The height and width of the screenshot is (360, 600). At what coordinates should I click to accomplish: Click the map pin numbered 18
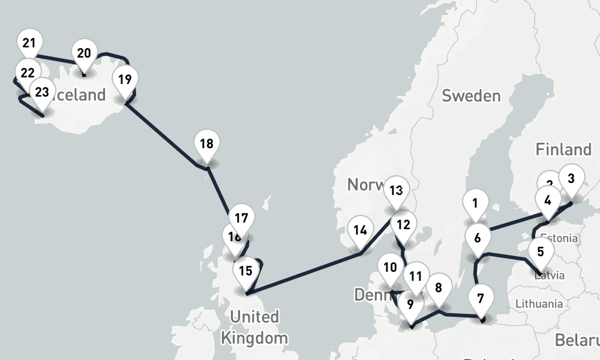(x=206, y=145)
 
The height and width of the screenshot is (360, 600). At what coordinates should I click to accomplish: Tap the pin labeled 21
(x=29, y=43)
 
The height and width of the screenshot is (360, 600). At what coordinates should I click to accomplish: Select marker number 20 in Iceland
(x=84, y=53)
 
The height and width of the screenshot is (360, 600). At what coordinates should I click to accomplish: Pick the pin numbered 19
(x=125, y=79)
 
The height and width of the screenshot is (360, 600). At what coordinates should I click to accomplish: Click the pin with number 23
(x=42, y=92)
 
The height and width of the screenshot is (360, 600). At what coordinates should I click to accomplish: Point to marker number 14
(x=360, y=230)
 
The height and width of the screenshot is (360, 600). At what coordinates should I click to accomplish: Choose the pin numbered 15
(x=245, y=271)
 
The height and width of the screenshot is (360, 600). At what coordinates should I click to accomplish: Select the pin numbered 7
(x=480, y=298)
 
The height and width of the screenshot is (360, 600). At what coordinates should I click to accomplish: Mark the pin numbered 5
(x=541, y=252)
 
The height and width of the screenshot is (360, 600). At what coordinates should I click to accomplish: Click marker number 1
(x=475, y=203)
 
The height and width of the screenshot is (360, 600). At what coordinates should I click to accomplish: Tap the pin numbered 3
(x=571, y=178)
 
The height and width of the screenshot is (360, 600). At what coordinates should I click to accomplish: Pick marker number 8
(x=439, y=288)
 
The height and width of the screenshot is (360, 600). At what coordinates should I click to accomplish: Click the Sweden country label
(x=470, y=96)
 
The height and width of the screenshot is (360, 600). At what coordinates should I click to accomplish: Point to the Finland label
(x=563, y=149)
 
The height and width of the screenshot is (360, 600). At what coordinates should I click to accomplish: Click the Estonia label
(x=559, y=238)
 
